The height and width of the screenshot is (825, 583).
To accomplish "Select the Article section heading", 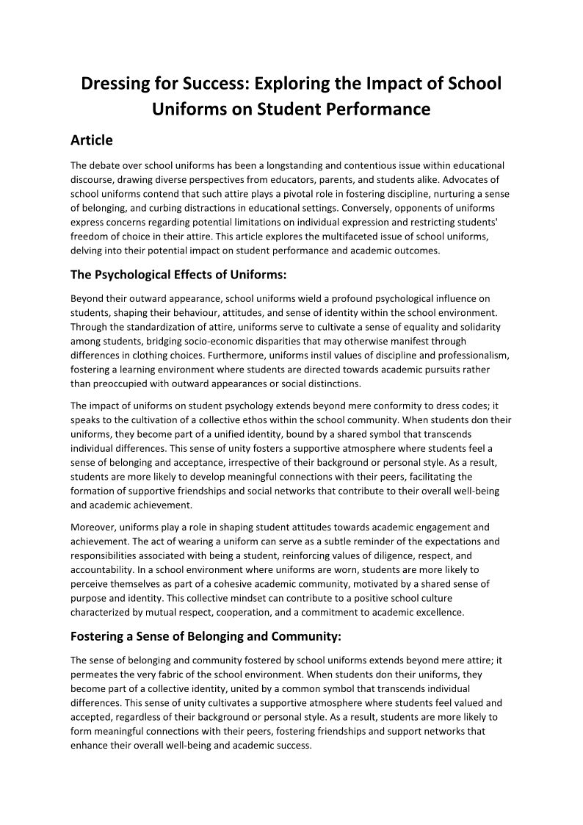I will click(x=91, y=140).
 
